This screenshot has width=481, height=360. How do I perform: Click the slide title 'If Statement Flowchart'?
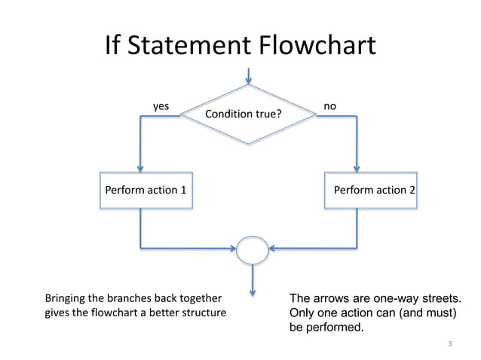click(240, 46)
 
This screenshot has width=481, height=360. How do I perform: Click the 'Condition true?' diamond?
click(244, 114)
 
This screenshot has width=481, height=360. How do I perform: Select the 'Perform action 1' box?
click(146, 190)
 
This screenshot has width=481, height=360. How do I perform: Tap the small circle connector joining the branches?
click(251, 249)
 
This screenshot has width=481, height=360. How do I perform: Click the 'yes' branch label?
click(161, 106)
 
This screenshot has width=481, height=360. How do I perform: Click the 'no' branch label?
click(329, 106)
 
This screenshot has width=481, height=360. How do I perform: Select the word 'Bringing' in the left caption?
click(69, 297)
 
